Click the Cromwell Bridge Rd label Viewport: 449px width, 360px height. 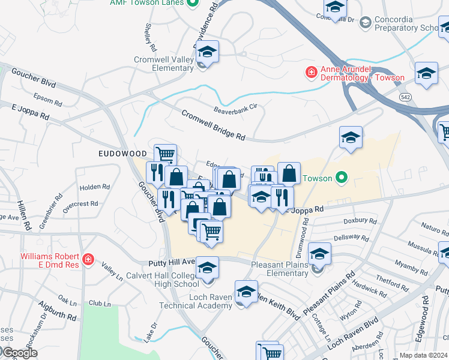pos(213,125)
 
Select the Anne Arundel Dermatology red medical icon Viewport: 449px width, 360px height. pos(312,73)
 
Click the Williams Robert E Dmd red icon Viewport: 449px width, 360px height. pos(88,259)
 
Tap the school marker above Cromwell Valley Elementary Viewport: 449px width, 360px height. pos(206,52)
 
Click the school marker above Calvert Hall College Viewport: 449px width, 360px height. pos(208,267)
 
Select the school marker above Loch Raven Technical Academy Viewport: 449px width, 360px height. pos(246,292)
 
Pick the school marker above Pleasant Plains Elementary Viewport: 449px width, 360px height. pos(320,254)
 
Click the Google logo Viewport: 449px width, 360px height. pos(19,353)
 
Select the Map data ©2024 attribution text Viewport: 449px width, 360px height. pos(423,355)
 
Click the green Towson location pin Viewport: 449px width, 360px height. pos(342,178)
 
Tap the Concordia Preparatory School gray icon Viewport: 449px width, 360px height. pos(365,23)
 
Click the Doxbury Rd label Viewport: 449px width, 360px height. pos(360,221)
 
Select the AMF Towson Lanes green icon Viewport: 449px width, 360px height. pos(192,3)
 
